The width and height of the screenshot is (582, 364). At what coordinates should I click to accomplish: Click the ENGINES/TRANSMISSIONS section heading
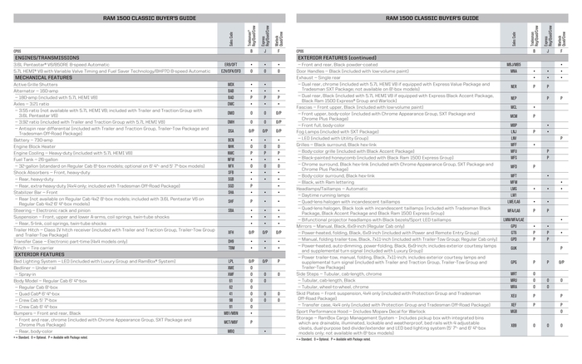point(42,57)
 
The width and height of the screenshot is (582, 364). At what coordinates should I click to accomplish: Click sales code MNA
point(513,69)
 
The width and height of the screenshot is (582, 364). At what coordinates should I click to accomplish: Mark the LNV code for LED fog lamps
point(513,137)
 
